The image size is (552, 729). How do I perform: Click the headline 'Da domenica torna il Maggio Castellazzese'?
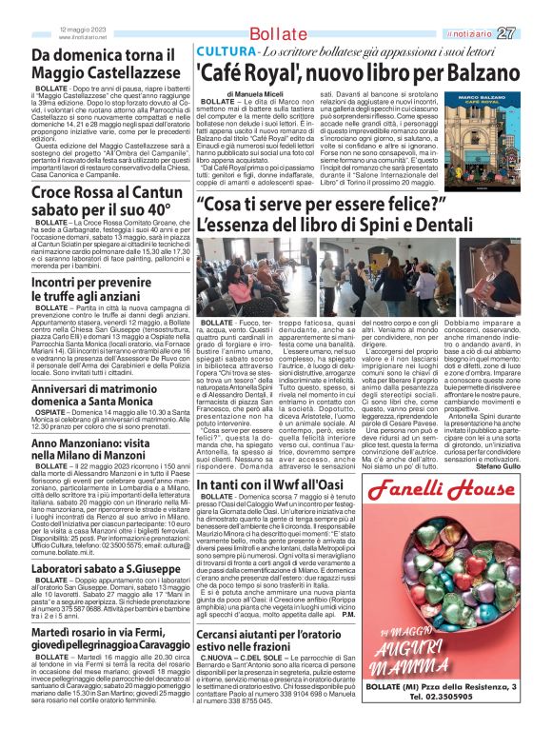(106, 64)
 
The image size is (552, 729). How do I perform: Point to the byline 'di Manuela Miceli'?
(255, 95)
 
